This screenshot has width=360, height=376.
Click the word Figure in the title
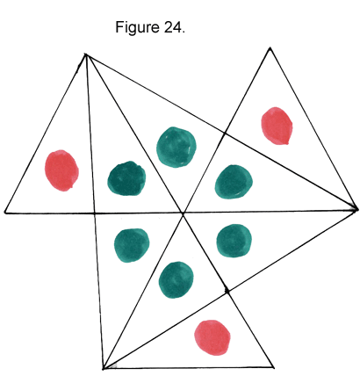(x=137, y=27)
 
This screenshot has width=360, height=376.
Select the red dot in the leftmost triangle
(x=61, y=170)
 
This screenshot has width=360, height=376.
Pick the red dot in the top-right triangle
(x=277, y=126)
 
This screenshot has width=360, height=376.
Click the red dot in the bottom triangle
(x=212, y=337)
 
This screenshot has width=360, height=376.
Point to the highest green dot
(x=176, y=147)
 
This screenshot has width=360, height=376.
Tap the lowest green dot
(x=176, y=279)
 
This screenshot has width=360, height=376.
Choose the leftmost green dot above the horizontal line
(x=126, y=178)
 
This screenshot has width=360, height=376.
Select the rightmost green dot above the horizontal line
(x=234, y=182)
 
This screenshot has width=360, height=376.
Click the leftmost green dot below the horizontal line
(x=132, y=245)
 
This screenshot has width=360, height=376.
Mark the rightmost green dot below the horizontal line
(x=234, y=241)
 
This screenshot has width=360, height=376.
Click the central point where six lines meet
(x=183, y=213)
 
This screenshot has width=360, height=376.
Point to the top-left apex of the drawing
(x=85, y=54)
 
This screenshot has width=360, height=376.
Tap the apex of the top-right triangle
(x=270, y=47)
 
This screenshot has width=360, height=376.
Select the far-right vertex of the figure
(x=356, y=209)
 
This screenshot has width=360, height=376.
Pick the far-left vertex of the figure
(x=5, y=213)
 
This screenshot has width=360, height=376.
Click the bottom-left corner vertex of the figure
(x=104, y=368)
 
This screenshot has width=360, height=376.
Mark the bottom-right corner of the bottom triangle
(x=274, y=367)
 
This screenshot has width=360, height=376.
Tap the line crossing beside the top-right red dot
(x=225, y=134)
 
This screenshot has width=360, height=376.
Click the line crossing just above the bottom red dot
(x=227, y=291)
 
